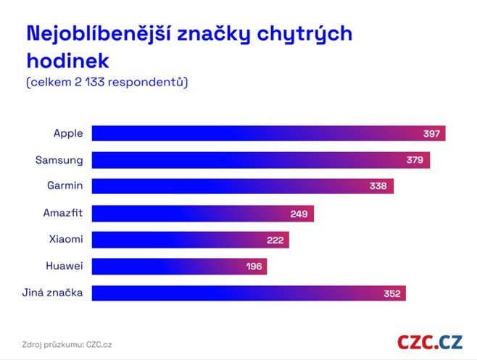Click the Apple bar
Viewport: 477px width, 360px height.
[268, 133]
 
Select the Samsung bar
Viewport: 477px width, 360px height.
[261, 160]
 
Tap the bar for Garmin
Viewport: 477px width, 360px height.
[243, 186]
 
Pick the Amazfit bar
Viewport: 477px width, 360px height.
[203, 214]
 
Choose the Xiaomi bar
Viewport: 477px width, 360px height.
[191, 240]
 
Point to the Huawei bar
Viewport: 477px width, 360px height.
[179, 267]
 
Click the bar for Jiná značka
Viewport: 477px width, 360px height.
[249, 293]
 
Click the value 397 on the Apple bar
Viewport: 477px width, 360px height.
[433, 134]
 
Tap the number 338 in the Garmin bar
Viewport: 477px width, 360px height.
[378, 187]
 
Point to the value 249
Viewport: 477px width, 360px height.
[299, 214]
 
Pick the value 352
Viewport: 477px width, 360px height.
[392, 294]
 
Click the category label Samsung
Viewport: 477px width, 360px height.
[59, 159]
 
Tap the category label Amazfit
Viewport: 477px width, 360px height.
[63, 213]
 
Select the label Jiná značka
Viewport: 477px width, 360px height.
[54, 293]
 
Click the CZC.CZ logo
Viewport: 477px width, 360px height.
[430, 341]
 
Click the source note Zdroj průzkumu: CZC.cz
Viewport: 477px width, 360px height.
[67, 344]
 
